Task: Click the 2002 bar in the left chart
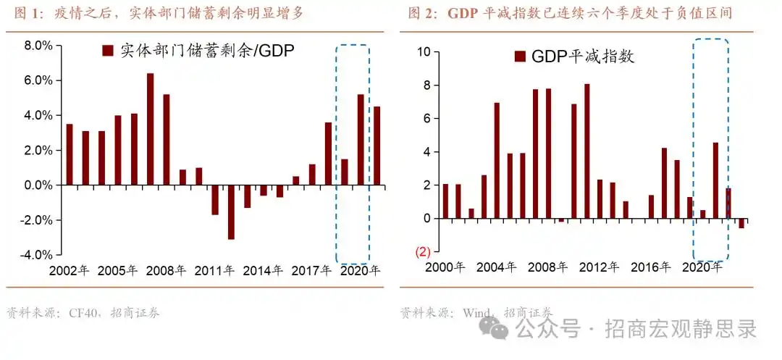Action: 70,154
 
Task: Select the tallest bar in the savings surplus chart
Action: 151,129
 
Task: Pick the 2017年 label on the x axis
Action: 311,271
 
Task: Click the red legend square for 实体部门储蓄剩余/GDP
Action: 108,51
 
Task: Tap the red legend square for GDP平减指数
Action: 519,56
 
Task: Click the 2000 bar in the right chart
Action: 445,201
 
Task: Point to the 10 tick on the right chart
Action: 424,52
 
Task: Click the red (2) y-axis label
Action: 423,252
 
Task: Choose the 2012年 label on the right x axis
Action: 599,267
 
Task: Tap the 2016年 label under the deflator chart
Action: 656,267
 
